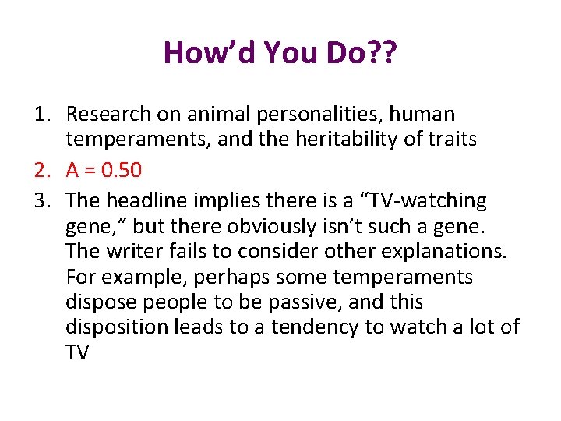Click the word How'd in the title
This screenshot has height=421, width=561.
(209, 53)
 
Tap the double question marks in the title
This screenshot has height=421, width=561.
(384, 53)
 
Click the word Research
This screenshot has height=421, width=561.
(108, 115)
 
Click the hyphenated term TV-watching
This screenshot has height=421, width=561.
(425, 201)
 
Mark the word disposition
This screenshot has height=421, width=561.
(117, 327)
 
